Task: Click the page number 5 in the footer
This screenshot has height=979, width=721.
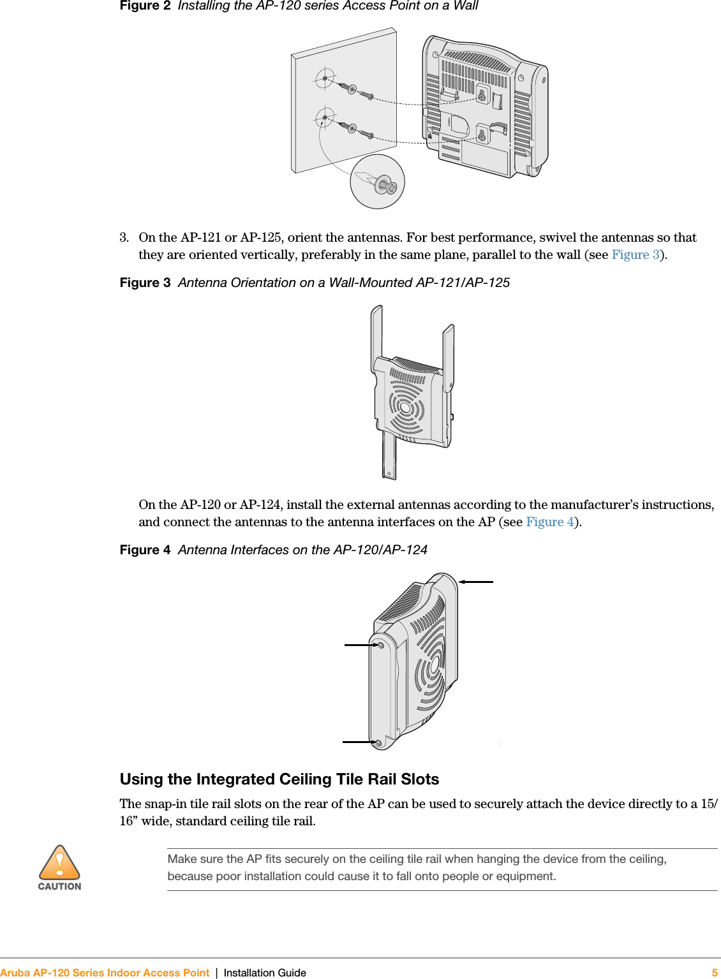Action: pyautogui.click(x=715, y=973)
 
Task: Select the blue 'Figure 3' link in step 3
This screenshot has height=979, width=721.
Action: pyautogui.click(x=636, y=255)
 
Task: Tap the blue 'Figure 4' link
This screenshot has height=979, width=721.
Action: pyautogui.click(x=550, y=522)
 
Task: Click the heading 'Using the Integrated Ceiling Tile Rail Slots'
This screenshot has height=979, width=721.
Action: pyautogui.click(x=279, y=779)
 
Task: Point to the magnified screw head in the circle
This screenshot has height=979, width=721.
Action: pyautogui.click(x=385, y=186)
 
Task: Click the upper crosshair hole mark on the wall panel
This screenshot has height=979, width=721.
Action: pyautogui.click(x=325, y=78)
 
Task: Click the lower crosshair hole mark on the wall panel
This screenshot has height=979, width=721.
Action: pyautogui.click(x=325, y=118)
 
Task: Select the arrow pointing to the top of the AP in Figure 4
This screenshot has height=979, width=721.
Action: pyautogui.click(x=476, y=582)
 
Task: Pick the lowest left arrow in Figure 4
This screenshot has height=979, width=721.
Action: pyautogui.click(x=360, y=742)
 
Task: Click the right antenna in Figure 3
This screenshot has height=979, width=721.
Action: pyautogui.click(x=449, y=354)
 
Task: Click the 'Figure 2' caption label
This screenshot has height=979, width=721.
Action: pyautogui.click(x=145, y=6)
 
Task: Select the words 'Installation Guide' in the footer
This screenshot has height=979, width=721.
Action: pyautogui.click(x=265, y=973)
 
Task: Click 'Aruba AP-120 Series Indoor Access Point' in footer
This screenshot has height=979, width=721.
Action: pyautogui.click(x=105, y=973)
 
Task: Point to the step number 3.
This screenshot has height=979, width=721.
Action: pyautogui.click(x=124, y=238)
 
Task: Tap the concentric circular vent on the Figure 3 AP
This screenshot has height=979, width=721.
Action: pyautogui.click(x=406, y=408)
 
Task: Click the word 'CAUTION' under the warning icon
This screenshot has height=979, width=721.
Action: pyautogui.click(x=59, y=887)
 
